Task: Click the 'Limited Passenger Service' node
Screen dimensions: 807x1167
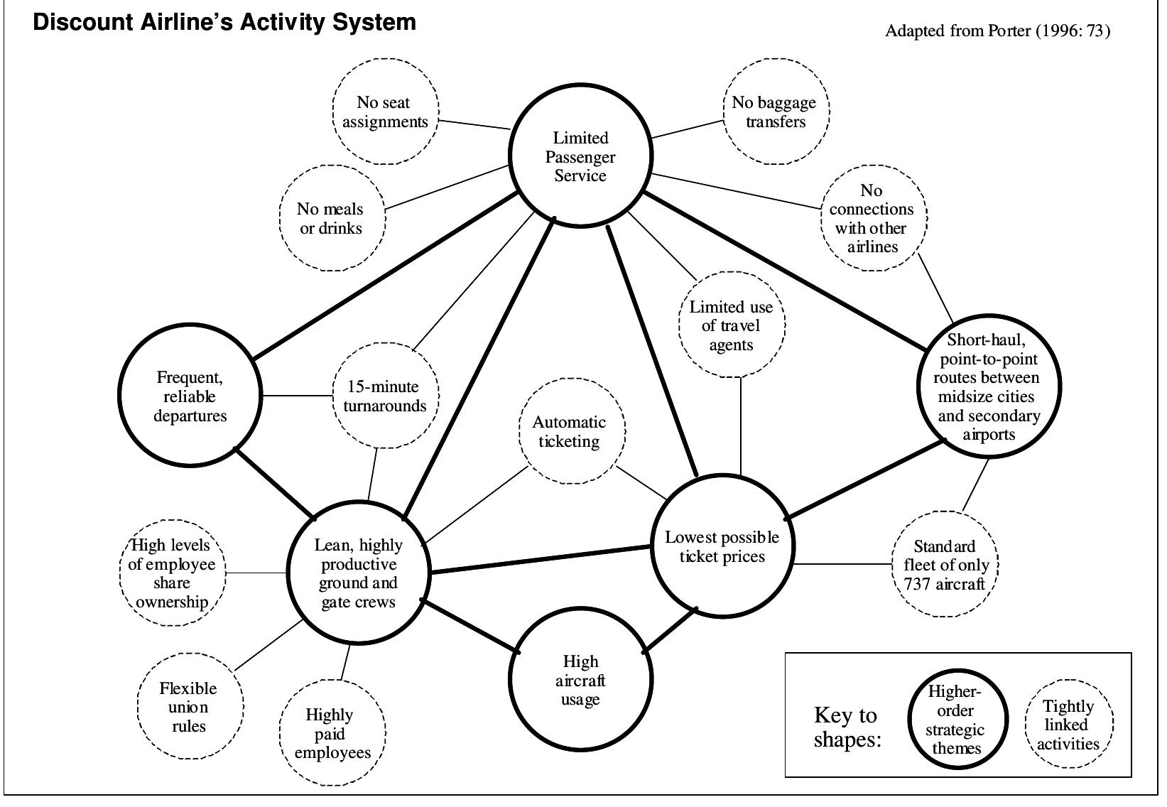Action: (580, 156)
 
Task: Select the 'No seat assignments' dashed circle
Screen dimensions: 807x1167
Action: (385, 112)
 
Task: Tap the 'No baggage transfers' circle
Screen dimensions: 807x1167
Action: (775, 112)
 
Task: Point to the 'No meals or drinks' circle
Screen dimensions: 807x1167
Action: (331, 219)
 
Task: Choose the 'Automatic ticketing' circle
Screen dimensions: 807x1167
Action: (572, 431)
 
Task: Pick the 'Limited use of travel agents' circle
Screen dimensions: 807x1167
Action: (732, 325)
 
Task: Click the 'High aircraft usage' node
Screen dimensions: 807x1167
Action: (580, 680)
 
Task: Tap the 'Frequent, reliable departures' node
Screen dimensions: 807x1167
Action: (190, 396)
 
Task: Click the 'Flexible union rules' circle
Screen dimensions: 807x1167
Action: (189, 706)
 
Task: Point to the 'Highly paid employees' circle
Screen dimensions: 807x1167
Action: (332, 733)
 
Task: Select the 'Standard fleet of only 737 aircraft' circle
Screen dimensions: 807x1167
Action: (945, 565)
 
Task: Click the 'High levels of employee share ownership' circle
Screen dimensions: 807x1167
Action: (172, 573)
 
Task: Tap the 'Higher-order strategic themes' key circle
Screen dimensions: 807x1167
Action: (957, 719)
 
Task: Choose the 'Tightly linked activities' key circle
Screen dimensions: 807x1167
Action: (1068, 724)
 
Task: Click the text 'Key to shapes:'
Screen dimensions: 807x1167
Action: (845, 727)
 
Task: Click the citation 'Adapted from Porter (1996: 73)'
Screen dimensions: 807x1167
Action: (997, 31)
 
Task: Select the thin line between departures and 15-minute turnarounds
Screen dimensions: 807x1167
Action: (297, 396)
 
